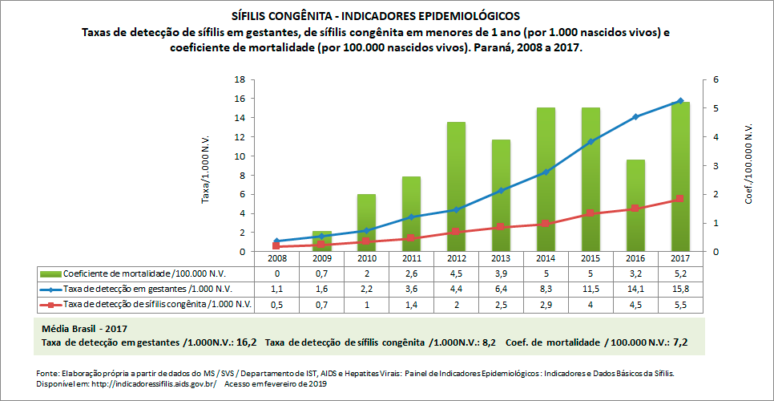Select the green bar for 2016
coord(635,205)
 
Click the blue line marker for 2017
coord(680,101)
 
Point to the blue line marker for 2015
coord(591,142)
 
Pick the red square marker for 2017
coord(680,199)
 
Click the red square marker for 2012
coord(457,232)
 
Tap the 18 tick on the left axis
coord(238,80)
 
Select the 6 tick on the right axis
coord(706,80)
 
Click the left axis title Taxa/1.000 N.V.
coord(206,166)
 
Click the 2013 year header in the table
coord(501,259)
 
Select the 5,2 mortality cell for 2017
coord(680,273)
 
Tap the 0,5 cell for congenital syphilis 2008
coord(276,304)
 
